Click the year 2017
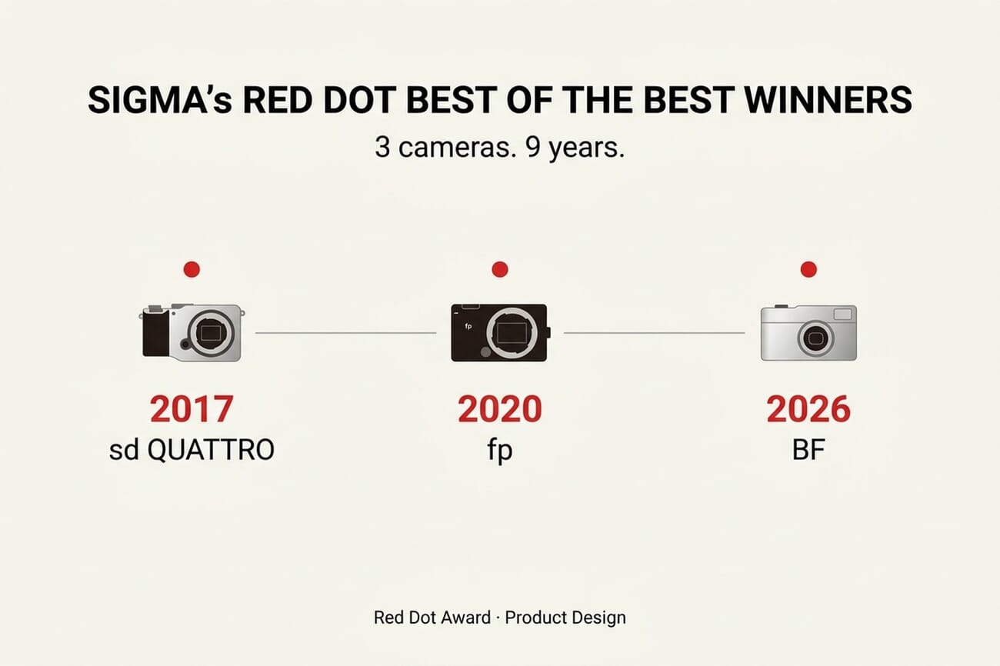(192, 410)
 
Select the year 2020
(499, 410)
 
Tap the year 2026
(808, 410)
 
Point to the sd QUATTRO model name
(192, 450)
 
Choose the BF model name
(808, 450)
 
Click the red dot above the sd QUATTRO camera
(192, 269)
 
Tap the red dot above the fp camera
(499, 269)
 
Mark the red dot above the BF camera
(808, 269)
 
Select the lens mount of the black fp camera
(506, 333)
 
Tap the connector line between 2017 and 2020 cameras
(345, 333)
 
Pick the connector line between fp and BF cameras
(654, 333)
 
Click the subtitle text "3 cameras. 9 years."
(499, 147)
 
